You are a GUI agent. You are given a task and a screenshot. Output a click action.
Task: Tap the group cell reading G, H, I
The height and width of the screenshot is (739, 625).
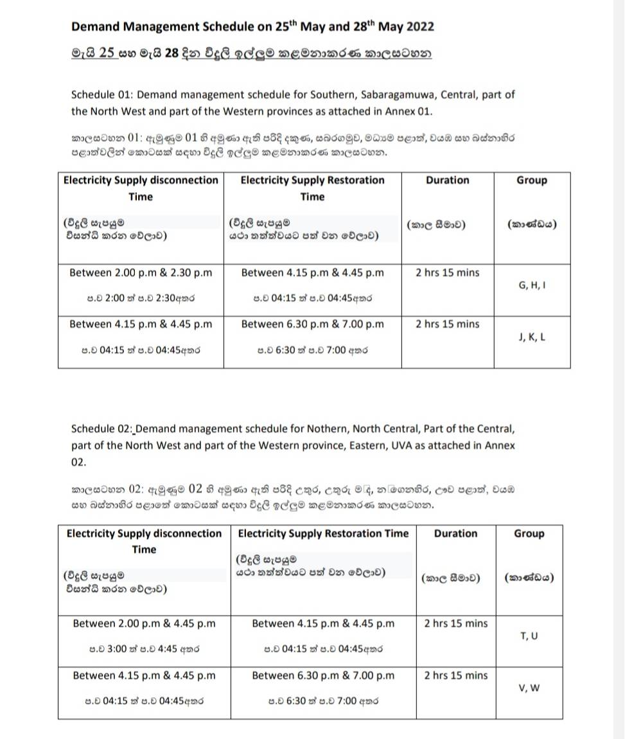(x=531, y=284)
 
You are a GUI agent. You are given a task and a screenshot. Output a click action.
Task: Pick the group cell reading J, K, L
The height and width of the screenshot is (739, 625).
(x=531, y=336)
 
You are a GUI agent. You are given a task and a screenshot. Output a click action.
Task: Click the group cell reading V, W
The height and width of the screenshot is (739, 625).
(x=529, y=688)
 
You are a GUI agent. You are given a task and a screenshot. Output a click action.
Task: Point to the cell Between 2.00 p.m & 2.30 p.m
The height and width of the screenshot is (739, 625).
(x=141, y=272)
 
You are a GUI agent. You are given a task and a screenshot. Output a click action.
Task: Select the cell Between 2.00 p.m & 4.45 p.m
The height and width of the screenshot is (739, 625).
(x=144, y=623)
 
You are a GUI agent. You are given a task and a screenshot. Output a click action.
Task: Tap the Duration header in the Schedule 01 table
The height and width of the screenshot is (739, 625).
(x=447, y=181)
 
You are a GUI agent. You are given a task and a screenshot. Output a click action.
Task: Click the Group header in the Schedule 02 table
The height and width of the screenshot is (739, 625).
(x=529, y=533)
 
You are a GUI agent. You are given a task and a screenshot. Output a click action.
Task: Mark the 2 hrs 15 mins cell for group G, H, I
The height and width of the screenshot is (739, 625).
(x=447, y=272)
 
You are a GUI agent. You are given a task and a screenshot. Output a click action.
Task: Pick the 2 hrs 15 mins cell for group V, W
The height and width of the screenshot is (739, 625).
(x=456, y=675)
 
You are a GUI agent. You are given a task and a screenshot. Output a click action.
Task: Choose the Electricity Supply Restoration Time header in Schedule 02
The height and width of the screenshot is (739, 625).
(x=323, y=533)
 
